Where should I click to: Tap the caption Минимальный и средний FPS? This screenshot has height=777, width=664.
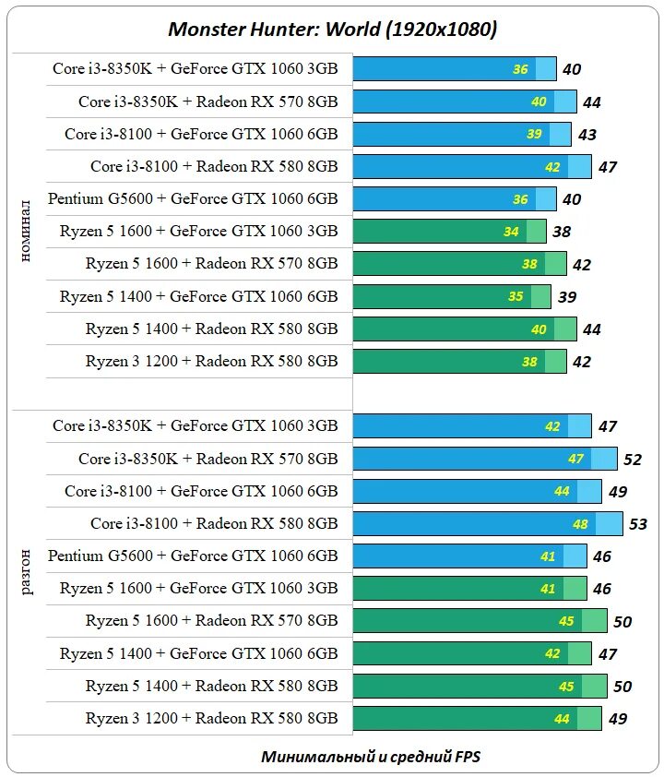coord(371,757)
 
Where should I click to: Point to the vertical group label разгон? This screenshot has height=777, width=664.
coord(27,571)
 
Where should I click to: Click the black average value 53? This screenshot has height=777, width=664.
coord(638,524)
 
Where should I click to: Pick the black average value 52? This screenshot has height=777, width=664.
coord(633,460)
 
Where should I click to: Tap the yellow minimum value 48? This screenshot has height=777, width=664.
coord(580,524)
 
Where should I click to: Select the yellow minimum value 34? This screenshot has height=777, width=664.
coord(511,232)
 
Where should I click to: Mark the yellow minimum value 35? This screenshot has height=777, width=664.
coord(516,296)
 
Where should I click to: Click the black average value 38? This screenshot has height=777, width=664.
coord(561,233)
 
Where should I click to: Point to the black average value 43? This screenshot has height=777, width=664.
coord(587,135)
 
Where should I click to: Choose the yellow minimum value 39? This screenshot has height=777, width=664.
coord(534,134)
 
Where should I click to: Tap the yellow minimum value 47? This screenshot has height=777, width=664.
coord(575,459)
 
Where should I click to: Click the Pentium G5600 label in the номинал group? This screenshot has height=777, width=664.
coord(193,198)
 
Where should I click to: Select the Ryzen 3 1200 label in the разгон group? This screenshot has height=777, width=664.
coord(211,717)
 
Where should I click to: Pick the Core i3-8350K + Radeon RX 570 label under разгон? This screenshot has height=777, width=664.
coord(207,459)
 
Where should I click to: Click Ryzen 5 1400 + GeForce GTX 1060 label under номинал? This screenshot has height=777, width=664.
coord(198,296)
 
